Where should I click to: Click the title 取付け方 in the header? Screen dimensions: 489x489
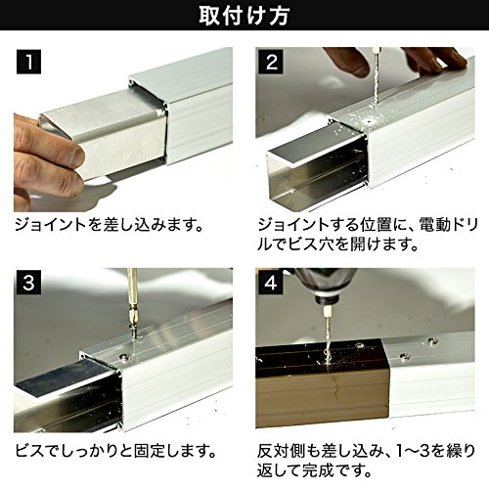[x=244, y=16]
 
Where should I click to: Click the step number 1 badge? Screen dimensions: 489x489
[x=28, y=62]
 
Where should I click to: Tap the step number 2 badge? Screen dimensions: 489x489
[x=271, y=62]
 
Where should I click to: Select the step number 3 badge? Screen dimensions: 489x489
[x=28, y=283]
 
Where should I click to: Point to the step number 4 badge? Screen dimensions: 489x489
[x=271, y=283]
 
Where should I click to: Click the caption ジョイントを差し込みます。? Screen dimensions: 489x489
[x=110, y=225]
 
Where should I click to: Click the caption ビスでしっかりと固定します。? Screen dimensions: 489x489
[x=115, y=451]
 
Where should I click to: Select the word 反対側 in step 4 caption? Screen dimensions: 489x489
[x=281, y=451]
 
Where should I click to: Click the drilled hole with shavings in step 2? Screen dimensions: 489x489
[x=371, y=120]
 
